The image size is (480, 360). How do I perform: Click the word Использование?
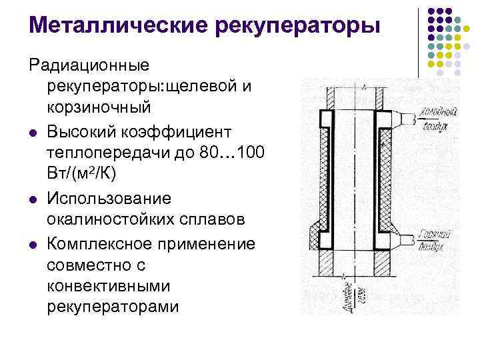click(x=109, y=198)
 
